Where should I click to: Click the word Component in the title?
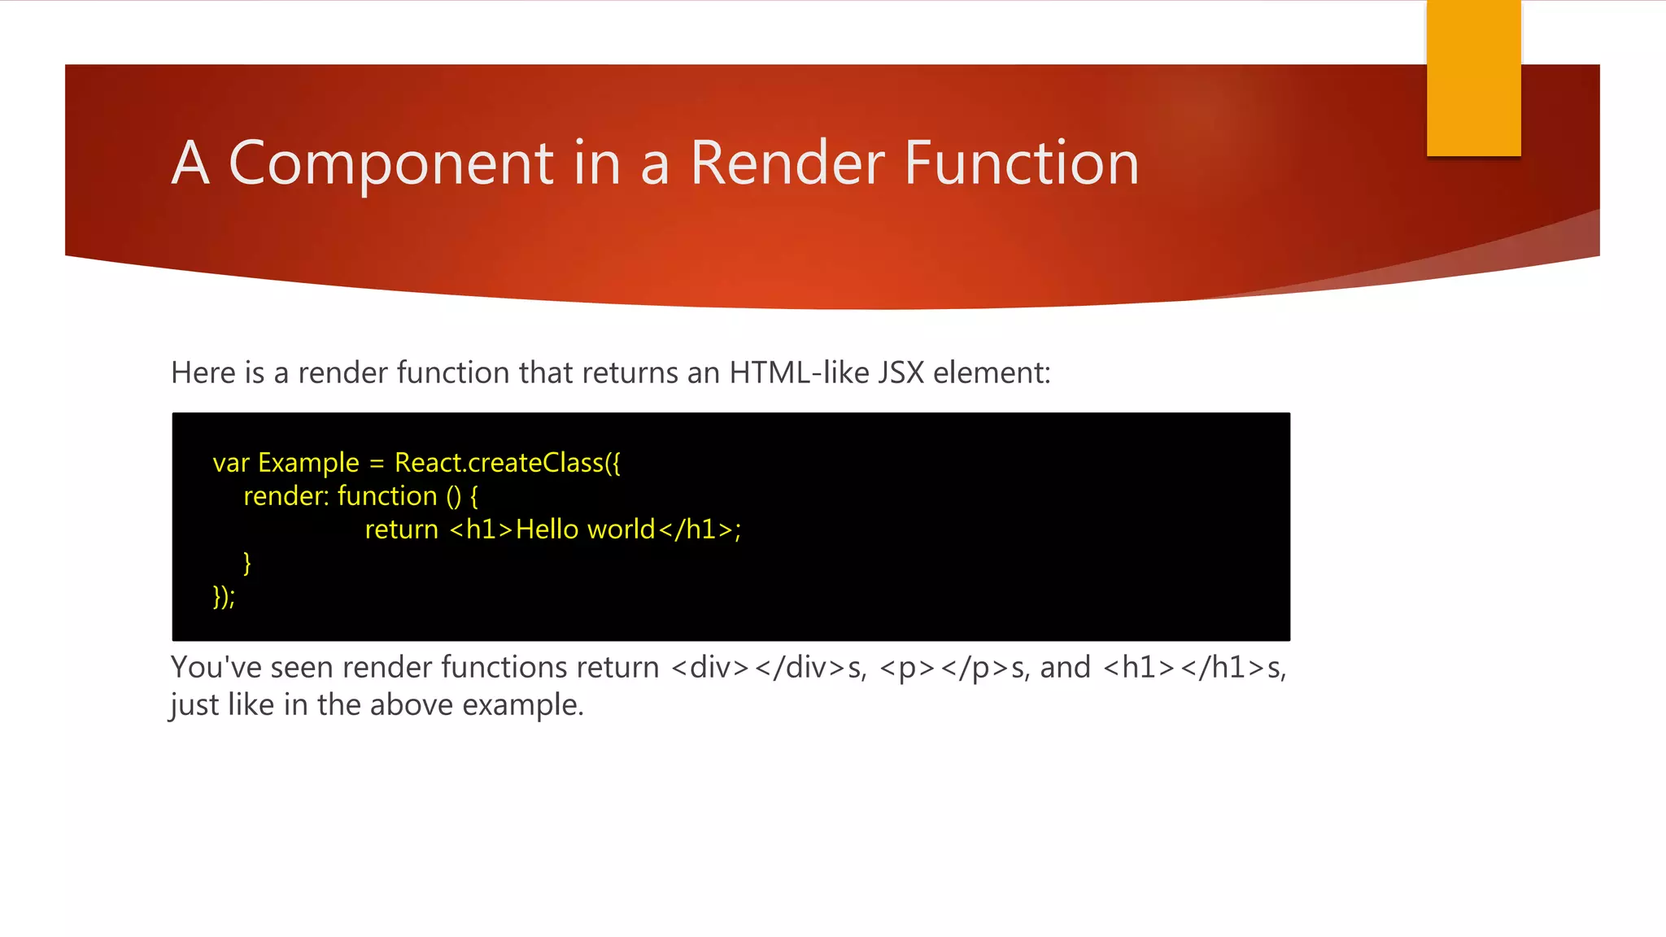[x=391, y=163]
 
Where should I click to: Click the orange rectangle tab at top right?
[x=1473, y=78]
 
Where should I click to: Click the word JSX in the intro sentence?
[x=901, y=373]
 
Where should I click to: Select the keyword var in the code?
[x=231, y=463]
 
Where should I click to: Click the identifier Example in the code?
[x=308, y=463]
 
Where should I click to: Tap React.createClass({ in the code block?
[x=507, y=463]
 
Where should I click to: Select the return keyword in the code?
[x=401, y=530]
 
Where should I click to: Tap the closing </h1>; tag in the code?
[x=700, y=530]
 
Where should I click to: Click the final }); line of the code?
[x=224, y=596]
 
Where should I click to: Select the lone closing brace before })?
[x=247, y=563]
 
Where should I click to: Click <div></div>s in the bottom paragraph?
[x=769, y=668]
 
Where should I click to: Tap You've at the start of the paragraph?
[x=216, y=668]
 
